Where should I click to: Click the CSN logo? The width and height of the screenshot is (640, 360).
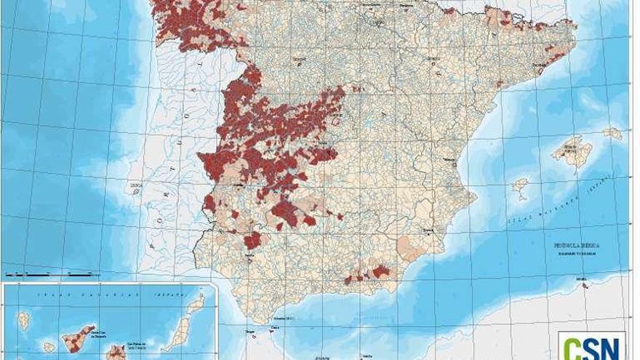tap(593, 346)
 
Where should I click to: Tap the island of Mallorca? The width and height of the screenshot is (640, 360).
tap(572, 152)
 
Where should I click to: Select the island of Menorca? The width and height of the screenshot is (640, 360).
tap(612, 134)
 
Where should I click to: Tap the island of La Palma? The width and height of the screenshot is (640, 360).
tap(23, 320)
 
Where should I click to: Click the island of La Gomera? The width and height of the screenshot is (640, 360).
tap(49, 347)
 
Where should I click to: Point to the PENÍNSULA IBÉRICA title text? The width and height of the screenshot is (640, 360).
tap(576, 247)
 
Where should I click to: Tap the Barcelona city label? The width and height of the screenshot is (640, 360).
tap(539, 65)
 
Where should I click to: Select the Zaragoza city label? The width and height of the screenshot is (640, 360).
tap(434, 57)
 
